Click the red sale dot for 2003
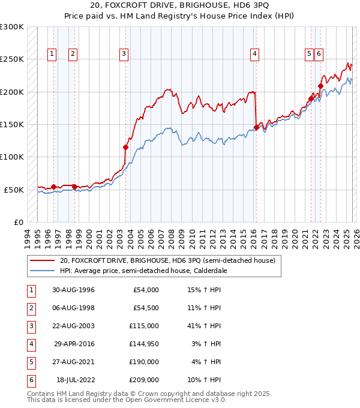point(126,147)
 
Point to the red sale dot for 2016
point(256,127)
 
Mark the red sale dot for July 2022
point(320,86)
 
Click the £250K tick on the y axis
point(12,59)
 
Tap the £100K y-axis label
point(12,157)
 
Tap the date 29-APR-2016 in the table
point(74,344)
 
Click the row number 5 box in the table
point(30,362)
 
